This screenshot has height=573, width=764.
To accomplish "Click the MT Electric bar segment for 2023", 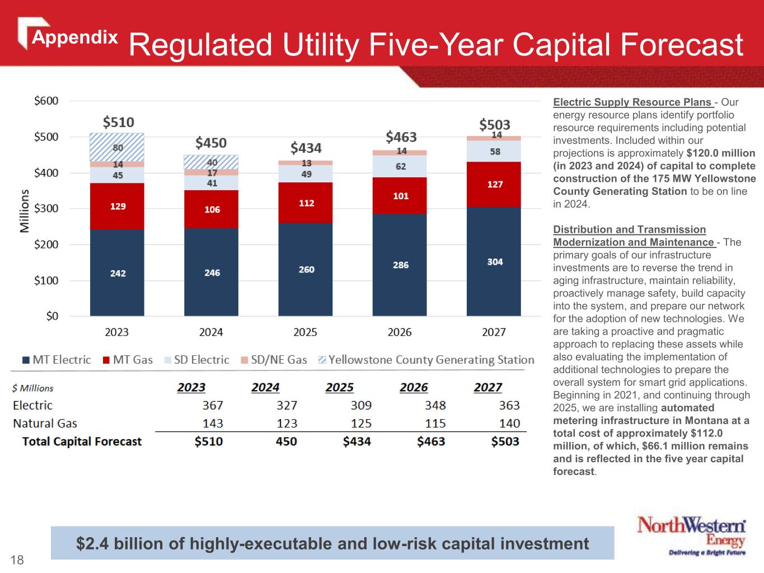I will coord(117,273).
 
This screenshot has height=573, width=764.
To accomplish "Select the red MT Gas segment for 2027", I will coord(494,184).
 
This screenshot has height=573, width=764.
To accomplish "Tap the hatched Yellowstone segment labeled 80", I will coord(117,147).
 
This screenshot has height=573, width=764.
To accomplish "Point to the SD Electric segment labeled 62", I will coord(400,166).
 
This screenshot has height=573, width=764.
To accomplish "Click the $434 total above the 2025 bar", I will coord(306,148).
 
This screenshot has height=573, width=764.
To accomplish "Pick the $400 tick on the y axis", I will coord(46,173).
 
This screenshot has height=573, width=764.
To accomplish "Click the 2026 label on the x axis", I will coord(400,332).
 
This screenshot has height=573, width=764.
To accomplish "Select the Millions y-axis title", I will coord(25,211).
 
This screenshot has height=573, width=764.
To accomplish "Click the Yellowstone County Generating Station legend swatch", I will coord(322,360).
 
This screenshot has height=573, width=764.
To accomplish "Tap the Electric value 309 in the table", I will coord(361,405).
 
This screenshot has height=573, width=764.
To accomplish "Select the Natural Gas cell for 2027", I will coord(509,424).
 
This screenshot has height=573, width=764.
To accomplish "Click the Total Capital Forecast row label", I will coord(82,442).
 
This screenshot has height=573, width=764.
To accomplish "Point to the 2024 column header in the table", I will coord(265,387).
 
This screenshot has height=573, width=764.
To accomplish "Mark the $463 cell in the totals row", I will coord(431,442).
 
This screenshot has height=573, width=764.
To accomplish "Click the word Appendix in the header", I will coord(74,37).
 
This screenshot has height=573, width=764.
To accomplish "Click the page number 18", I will coord(17,560).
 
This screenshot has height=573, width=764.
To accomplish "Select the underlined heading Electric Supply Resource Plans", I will coord(632,102).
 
